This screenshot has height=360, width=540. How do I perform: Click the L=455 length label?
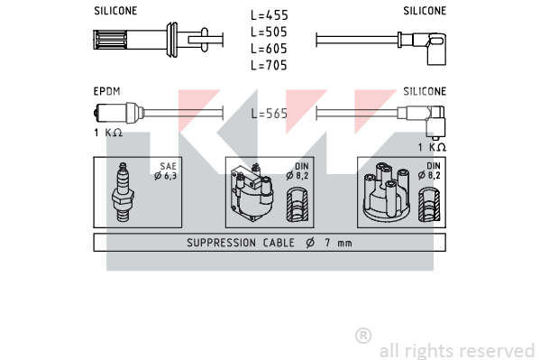pyautogui.click(x=269, y=15)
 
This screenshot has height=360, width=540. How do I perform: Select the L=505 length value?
pyautogui.click(x=269, y=32)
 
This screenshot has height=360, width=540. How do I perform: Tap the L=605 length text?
pyautogui.click(x=269, y=49)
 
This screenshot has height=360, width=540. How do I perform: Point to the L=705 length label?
pyautogui.click(x=269, y=65)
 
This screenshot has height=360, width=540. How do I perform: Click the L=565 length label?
pyautogui.click(x=269, y=114)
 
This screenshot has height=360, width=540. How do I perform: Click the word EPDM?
pyautogui.click(x=106, y=91)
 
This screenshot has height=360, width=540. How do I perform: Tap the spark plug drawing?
pyautogui.click(x=123, y=191)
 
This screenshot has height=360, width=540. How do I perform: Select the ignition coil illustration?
pyautogui.click(x=252, y=192)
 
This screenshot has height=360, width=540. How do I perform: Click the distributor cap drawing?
pyautogui.click(x=387, y=191)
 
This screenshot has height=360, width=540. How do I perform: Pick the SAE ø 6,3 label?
pyautogui.click(x=166, y=171)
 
